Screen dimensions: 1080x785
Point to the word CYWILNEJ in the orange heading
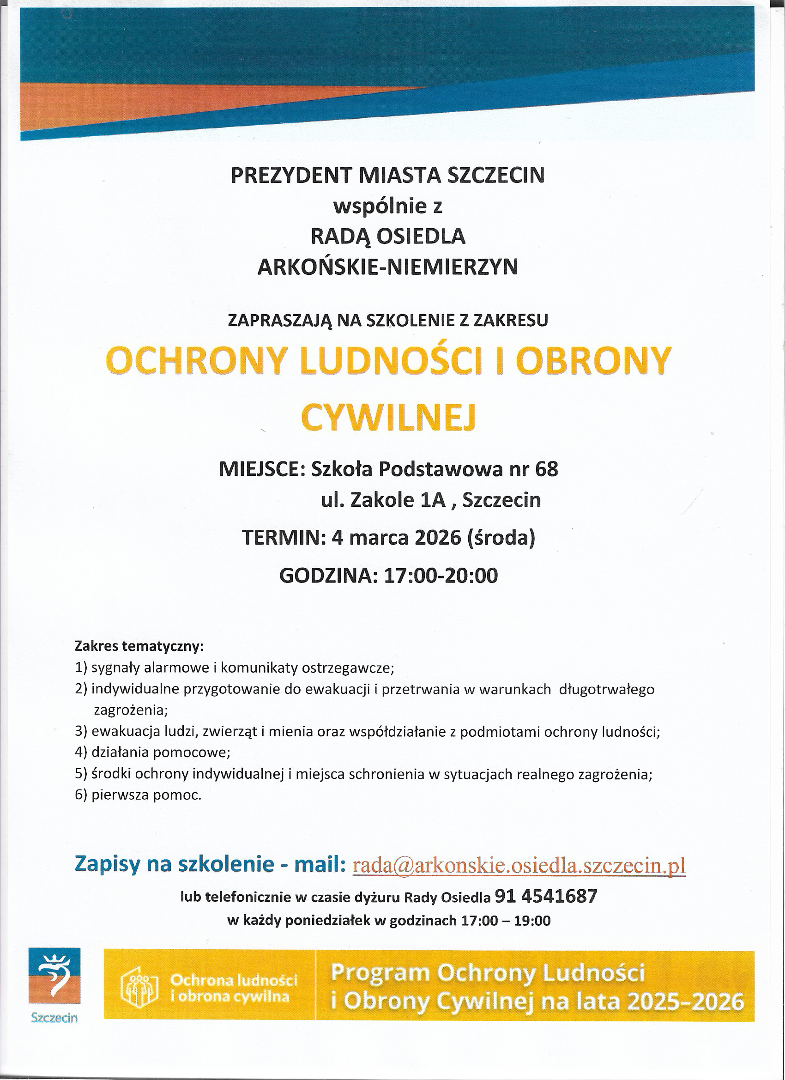[389, 418]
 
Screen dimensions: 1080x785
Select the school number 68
[547, 469]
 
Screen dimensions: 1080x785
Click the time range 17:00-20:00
[441, 576]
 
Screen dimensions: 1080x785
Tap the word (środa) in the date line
[502, 538]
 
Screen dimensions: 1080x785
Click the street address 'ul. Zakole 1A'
[383, 500]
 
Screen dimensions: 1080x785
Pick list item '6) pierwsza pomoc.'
[138, 795]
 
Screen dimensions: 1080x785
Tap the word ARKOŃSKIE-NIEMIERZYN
[387, 267]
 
